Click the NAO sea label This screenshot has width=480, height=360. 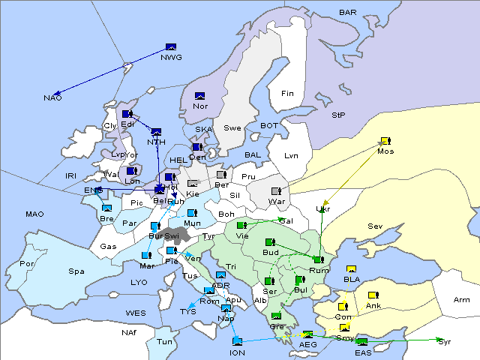52,98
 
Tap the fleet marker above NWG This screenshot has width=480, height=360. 170,47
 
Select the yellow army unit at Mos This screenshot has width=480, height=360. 385,141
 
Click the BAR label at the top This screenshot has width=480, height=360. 348,13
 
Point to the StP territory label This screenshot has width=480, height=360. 338,115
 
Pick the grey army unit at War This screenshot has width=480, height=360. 276,191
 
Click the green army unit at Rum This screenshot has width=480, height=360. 318,259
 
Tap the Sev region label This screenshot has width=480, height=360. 375,226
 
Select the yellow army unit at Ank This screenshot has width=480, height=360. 373,295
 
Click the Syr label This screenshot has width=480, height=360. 445,341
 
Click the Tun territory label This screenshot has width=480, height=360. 164,341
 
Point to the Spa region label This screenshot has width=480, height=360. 76,271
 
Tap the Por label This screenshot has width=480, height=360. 28,264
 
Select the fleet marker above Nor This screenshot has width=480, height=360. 200,96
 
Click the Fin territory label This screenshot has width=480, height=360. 286,94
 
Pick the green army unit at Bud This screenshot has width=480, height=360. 271,242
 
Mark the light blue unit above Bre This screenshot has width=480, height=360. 107,208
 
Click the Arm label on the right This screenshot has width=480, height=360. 462,300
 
